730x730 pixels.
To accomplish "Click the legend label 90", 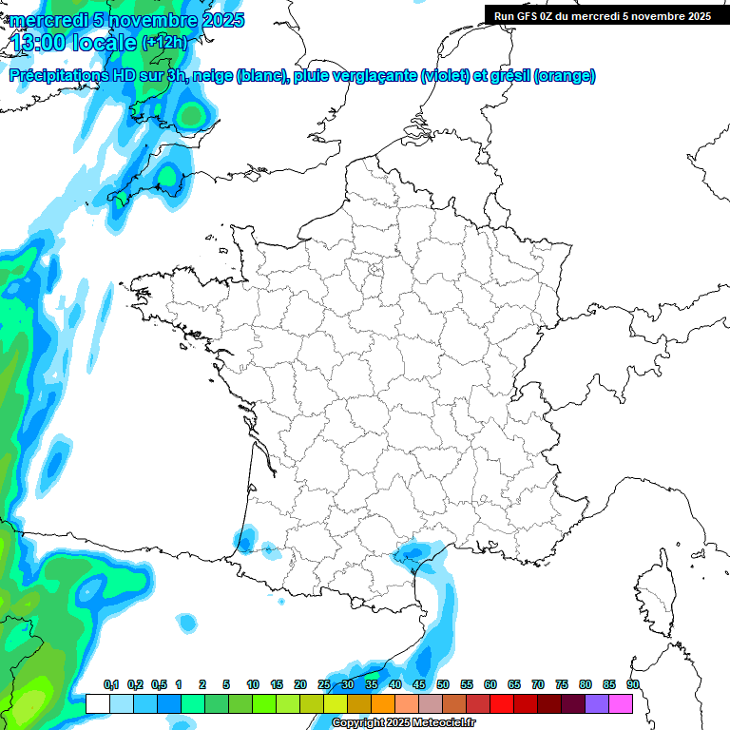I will pos(633,684).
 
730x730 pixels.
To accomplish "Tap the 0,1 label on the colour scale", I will pos(111,684).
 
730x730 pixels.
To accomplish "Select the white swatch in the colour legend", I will pos(97,703).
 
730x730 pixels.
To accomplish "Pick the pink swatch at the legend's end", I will pos(621,703).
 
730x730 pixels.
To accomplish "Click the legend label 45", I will pos(419,684).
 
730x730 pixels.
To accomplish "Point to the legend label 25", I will pos(324,684).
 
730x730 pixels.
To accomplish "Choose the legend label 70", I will pos(538,684).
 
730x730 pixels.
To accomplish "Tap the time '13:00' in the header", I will pos(38,43).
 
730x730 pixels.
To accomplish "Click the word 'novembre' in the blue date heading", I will pos(148,20).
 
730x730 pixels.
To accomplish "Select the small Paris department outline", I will pos(375,271).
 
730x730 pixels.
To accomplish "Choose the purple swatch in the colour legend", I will pos(597,703).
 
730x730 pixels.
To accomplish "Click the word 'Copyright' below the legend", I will pos(359,723).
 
